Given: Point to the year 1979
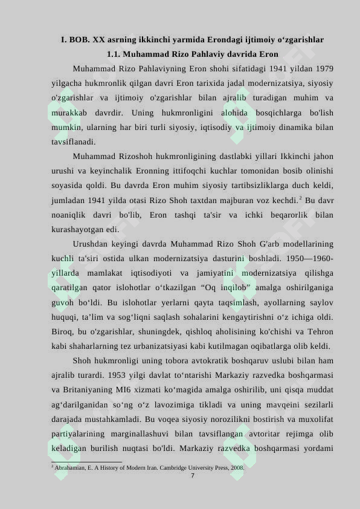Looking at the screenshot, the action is click(x=324, y=68).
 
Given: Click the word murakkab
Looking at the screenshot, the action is click(x=69, y=113).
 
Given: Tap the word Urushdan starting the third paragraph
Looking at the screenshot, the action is click(x=92, y=244).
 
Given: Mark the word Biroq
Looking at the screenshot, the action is click(x=63, y=332).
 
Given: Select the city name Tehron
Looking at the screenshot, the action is click(x=320, y=332).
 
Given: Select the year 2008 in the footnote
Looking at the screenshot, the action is click(x=237, y=467).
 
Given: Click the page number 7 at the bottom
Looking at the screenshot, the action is click(x=192, y=476).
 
